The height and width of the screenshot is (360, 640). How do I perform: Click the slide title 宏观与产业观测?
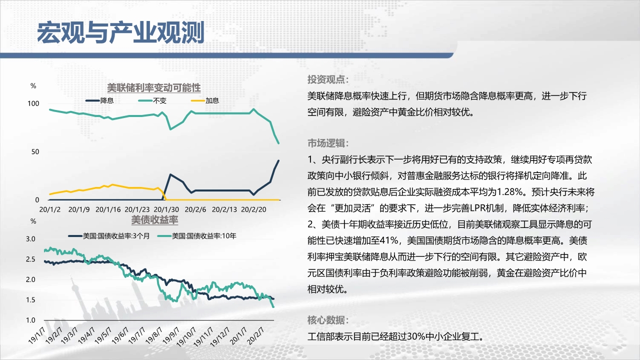[121, 32]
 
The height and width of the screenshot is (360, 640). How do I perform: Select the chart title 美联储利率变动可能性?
[153, 87]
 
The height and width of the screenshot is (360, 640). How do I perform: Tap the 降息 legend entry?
[99, 100]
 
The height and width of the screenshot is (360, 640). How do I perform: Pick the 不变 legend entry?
[152, 100]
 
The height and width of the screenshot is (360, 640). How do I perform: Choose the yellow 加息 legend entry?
[205, 100]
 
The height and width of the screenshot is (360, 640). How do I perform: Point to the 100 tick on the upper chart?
[33, 103]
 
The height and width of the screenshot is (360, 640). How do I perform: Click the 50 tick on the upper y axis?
[35, 151]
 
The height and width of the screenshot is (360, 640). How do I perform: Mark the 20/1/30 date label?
[166, 209]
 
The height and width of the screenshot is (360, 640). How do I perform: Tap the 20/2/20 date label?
[253, 209]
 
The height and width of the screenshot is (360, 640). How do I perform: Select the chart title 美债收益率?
[154, 220]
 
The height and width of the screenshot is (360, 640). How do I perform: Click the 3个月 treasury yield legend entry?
[109, 236]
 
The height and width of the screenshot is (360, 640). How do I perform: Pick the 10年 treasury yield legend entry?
[197, 236]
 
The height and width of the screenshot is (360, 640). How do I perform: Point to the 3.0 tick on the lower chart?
[30, 239]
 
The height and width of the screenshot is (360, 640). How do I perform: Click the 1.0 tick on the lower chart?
[30, 320]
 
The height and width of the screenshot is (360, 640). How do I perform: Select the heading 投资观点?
[328, 79]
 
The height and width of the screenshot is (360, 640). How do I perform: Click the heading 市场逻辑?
[328, 143]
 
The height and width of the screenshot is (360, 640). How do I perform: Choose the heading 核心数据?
[328, 320]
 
